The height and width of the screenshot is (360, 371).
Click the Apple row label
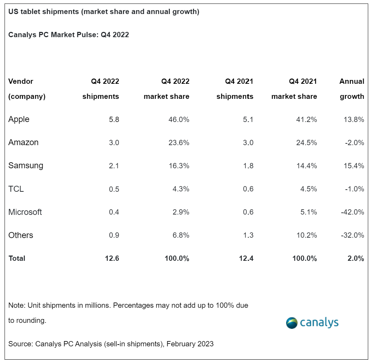click(x=19, y=120)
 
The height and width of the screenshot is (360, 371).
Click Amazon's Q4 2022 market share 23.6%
click(x=177, y=143)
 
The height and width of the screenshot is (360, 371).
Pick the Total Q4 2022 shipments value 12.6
click(x=112, y=259)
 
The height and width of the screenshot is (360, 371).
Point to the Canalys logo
click(x=312, y=322)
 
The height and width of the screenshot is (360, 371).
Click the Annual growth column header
click(x=352, y=89)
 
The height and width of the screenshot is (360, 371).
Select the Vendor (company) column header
click(x=27, y=89)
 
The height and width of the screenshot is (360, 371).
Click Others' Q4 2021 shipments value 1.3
click(x=248, y=235)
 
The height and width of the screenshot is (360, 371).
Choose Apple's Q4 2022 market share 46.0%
click(x=177, y=120)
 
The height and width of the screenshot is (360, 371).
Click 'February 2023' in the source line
click(x=190, y=344)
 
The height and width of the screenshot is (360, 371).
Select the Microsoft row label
click(x=25, y=212)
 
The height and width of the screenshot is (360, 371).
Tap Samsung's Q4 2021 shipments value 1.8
click(x=248, y=166)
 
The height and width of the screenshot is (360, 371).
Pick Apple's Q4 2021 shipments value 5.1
click(x=248, y=120)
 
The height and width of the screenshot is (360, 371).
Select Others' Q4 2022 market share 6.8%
click(x=180, y=235)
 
